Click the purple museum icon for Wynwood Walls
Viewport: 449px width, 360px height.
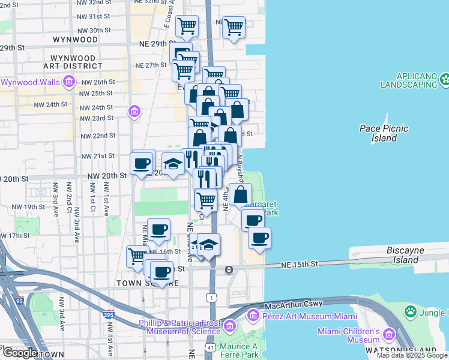(69, 82)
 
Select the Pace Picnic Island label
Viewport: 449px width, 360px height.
(384, 133)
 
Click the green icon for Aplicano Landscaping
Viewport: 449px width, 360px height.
(444, 79)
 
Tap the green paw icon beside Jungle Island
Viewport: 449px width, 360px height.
(411, 311)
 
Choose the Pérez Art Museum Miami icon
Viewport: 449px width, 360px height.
(253, 315)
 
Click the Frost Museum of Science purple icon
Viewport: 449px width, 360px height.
(230, 327)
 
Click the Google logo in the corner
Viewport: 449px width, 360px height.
(20, 353)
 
